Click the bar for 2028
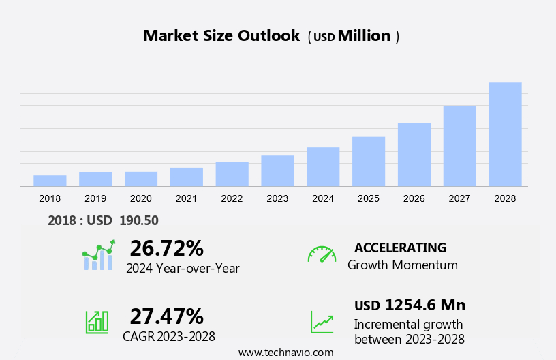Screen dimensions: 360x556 505,134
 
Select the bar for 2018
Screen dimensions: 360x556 50,181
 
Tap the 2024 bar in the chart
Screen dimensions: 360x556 323,166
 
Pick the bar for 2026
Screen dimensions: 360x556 414,154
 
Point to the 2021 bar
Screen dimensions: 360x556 187,177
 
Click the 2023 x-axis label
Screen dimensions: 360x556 277,198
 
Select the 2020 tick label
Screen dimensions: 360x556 141,198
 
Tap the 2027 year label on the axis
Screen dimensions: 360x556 459,198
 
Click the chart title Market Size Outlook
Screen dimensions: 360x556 221,36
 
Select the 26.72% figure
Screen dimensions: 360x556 166,247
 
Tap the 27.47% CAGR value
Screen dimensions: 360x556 166,316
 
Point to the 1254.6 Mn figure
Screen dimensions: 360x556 424,305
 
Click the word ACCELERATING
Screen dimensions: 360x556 400,247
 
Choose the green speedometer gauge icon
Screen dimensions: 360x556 322,254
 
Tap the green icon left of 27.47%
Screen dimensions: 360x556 97,321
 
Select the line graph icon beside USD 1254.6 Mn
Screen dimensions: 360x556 322,321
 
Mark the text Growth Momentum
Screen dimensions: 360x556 402,265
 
